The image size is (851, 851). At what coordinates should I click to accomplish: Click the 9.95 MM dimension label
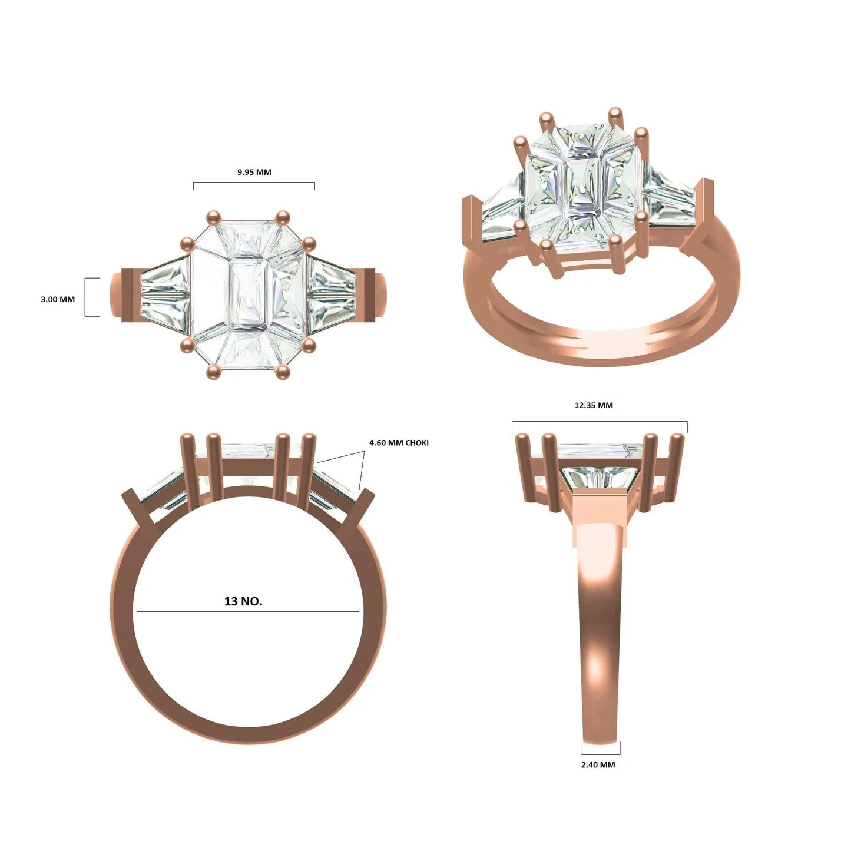tap(254, 172)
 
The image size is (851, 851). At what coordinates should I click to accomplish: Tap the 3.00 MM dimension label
tap(58, 299)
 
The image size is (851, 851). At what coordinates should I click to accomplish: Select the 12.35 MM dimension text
tap(594, 405)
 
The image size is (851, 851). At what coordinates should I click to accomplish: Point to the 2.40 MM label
tap(598, 764)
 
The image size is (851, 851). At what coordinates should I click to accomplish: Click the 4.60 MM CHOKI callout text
tap(399, 442)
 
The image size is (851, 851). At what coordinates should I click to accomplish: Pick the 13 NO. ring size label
tap(243, 601)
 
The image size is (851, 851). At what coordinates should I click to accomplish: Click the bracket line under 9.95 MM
tap(254, 183)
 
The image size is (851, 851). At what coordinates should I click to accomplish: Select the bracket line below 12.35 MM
tap(600, 422)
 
